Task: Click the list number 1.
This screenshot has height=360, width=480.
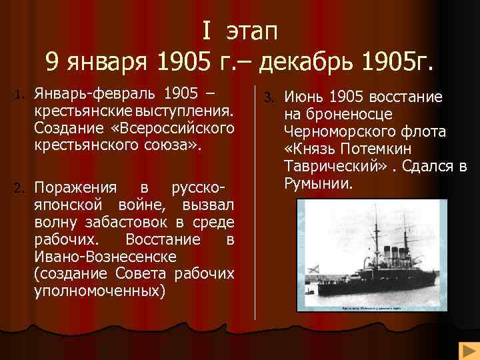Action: point(20,93)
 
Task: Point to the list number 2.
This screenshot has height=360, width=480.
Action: point(20,187)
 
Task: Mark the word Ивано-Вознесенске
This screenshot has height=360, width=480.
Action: point(105,257)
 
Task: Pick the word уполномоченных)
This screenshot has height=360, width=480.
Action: point(99,291)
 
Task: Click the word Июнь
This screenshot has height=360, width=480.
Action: point(305,97)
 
